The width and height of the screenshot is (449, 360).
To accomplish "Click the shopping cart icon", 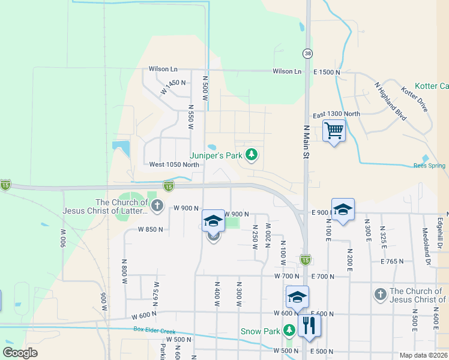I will [334, 130].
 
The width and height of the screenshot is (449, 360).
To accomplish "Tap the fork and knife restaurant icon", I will [309, 325].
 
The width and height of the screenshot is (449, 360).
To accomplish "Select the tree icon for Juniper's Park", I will [252, 155].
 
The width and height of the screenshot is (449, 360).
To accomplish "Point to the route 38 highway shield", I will [307, 53].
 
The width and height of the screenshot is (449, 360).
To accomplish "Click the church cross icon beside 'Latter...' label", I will [157, 206].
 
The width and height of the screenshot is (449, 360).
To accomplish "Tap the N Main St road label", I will [306, 142].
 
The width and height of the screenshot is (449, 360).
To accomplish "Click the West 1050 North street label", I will [174, 164].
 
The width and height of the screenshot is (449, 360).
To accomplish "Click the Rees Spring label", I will [429, 166].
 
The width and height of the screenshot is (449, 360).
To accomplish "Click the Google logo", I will [20, 353].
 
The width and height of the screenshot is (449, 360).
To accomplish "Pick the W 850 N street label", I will [150, 229].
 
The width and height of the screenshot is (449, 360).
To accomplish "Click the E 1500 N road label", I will [327, 71].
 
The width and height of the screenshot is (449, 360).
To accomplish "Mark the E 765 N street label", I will [393, 261].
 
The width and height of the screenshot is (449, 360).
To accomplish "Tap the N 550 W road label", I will [191, 116].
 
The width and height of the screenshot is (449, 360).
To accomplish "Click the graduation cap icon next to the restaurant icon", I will [297, 297].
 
